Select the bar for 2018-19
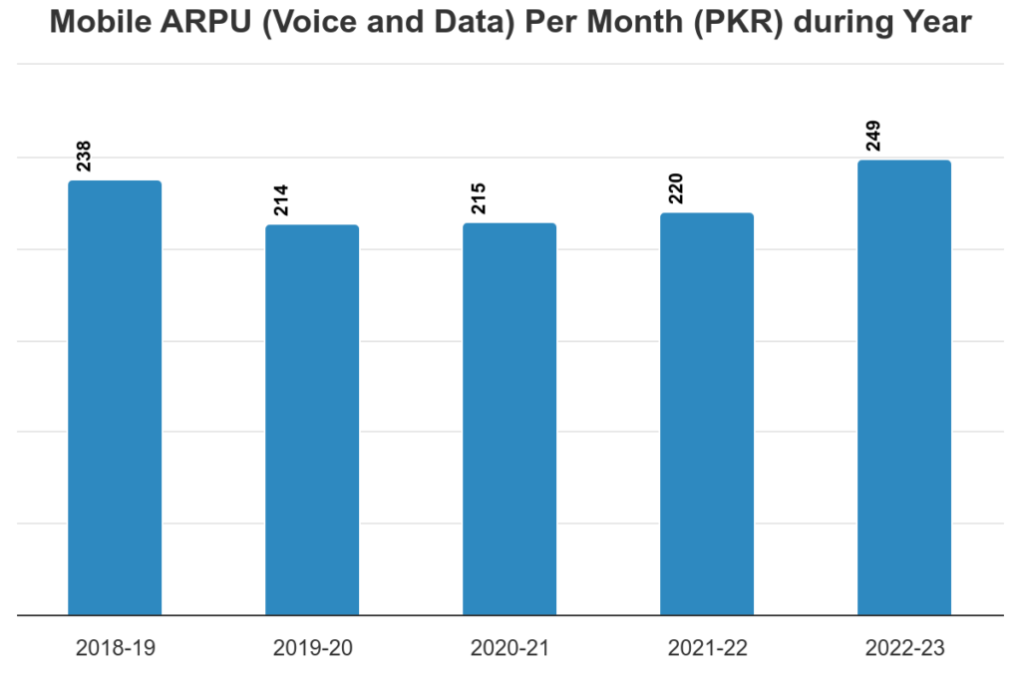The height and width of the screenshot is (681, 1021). tap(115, 399)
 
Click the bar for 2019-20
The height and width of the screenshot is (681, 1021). tap(312, 420)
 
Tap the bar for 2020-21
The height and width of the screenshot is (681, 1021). tap(510, 419)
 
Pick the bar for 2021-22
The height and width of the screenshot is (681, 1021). tap(707, 414)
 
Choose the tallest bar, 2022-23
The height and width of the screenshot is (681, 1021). tap(904, 388)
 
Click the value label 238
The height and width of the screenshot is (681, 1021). tap(85, 157)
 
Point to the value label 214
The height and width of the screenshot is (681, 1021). tap(282, 200)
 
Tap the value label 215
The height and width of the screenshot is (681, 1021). tap(480, 198)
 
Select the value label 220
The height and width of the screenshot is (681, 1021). tap(677, 188)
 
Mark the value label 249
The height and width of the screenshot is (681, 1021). tap(874, 136)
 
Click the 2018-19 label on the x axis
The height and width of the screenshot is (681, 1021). tap(115, 648)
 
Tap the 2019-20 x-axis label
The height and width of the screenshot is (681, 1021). tap(312, 648)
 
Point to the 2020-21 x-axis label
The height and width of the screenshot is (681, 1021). tap(510, 648)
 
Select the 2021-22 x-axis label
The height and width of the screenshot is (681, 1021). tap(707, 648)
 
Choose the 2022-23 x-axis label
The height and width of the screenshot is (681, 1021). tap(904, 648)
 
